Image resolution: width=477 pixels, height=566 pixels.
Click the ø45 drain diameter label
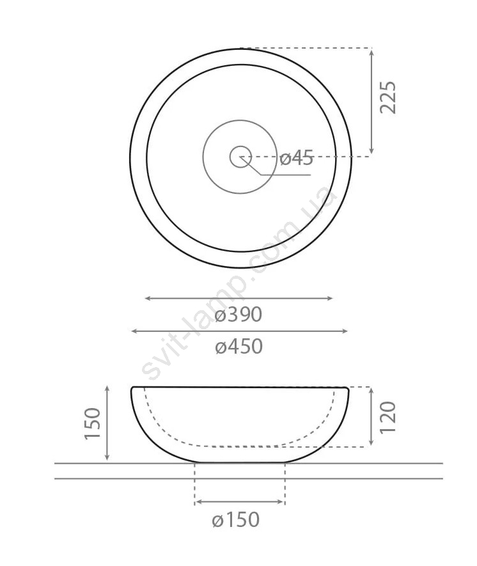pos(296,158)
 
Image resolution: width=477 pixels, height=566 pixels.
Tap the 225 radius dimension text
pos(388,97)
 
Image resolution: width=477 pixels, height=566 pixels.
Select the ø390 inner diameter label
pos(238,315)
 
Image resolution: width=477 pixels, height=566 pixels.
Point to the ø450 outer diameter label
pos(238,347)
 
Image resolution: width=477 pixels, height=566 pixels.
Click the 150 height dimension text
pos(92,423)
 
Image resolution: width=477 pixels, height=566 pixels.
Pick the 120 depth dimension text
pos(388,417)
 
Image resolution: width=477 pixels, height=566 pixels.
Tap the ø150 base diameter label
pos(236,520)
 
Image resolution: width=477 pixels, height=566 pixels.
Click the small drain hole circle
pos(240,157)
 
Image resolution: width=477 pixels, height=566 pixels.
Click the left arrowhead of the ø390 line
pos(147,298)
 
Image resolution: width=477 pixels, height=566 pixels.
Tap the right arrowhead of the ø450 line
pos(345,331)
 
